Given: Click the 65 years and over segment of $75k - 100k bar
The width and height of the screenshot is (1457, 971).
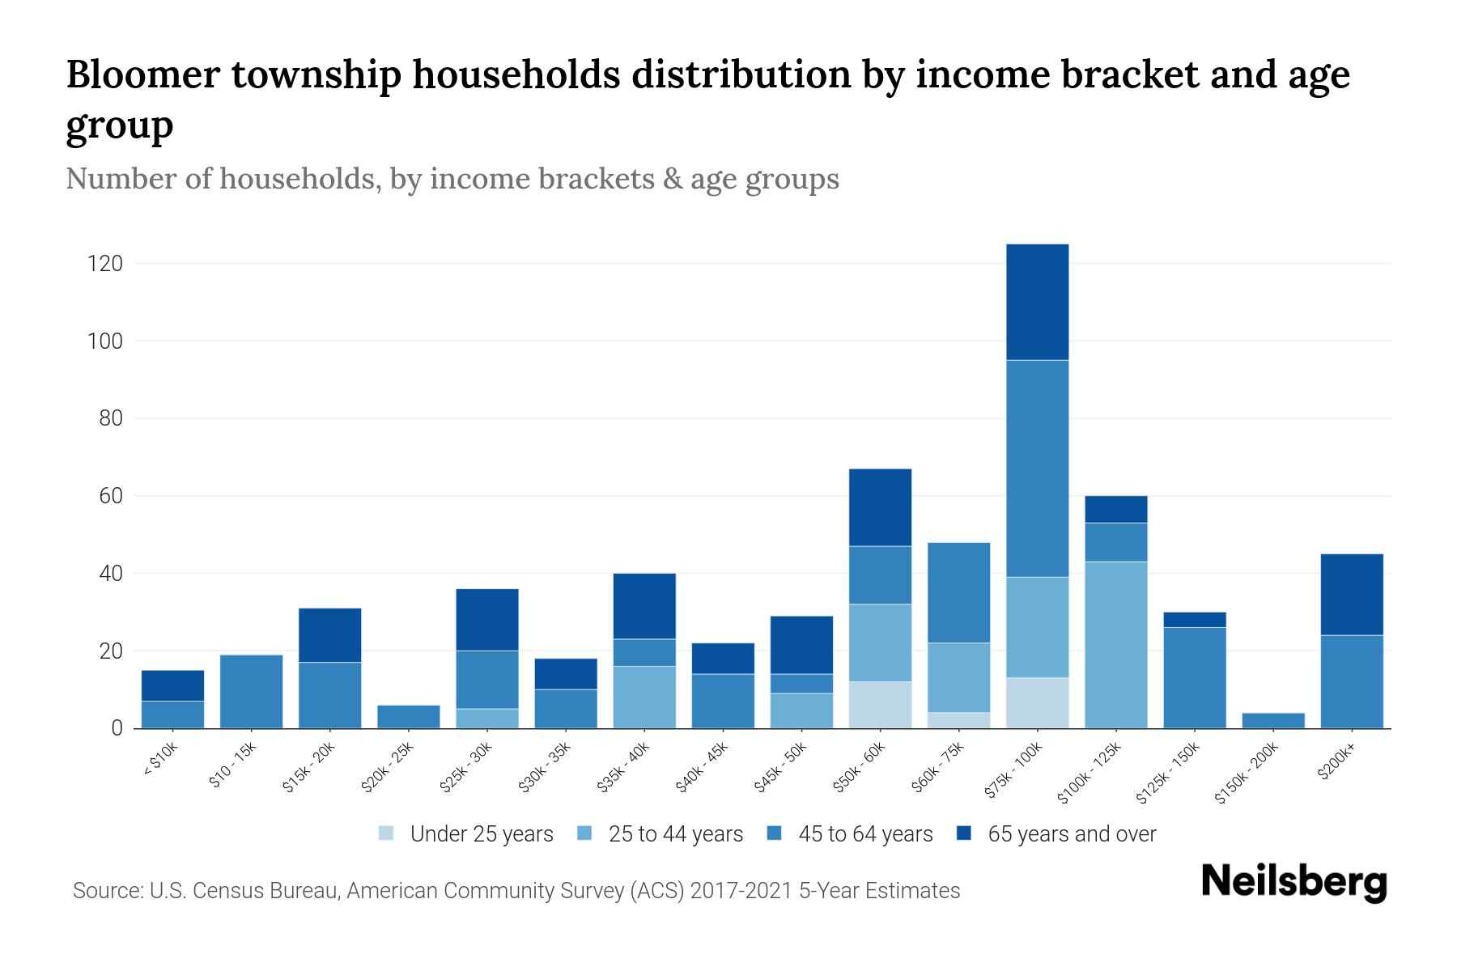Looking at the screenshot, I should coord(1037,302).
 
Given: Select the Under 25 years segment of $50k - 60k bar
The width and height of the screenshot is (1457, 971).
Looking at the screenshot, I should coord(880,704).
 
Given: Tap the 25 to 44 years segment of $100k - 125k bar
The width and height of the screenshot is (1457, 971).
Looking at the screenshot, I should coord(1115,644).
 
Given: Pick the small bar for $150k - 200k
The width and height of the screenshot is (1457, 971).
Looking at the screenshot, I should coord(1272,720).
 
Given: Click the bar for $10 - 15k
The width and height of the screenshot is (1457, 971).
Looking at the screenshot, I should coord(251,691).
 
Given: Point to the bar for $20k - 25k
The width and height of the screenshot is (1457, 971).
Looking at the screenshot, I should coord(409,717).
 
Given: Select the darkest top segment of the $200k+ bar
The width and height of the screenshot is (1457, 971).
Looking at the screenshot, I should coord(1351,595).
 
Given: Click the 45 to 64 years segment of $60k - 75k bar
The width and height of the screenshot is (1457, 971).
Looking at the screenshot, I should coord(958,592).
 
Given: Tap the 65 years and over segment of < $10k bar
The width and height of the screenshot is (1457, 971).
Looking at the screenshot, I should coord(172,685).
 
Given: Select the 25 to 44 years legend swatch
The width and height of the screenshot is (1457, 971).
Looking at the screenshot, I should coord(585,833).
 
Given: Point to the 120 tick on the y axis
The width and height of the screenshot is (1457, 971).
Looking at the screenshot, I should coord(105,264).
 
